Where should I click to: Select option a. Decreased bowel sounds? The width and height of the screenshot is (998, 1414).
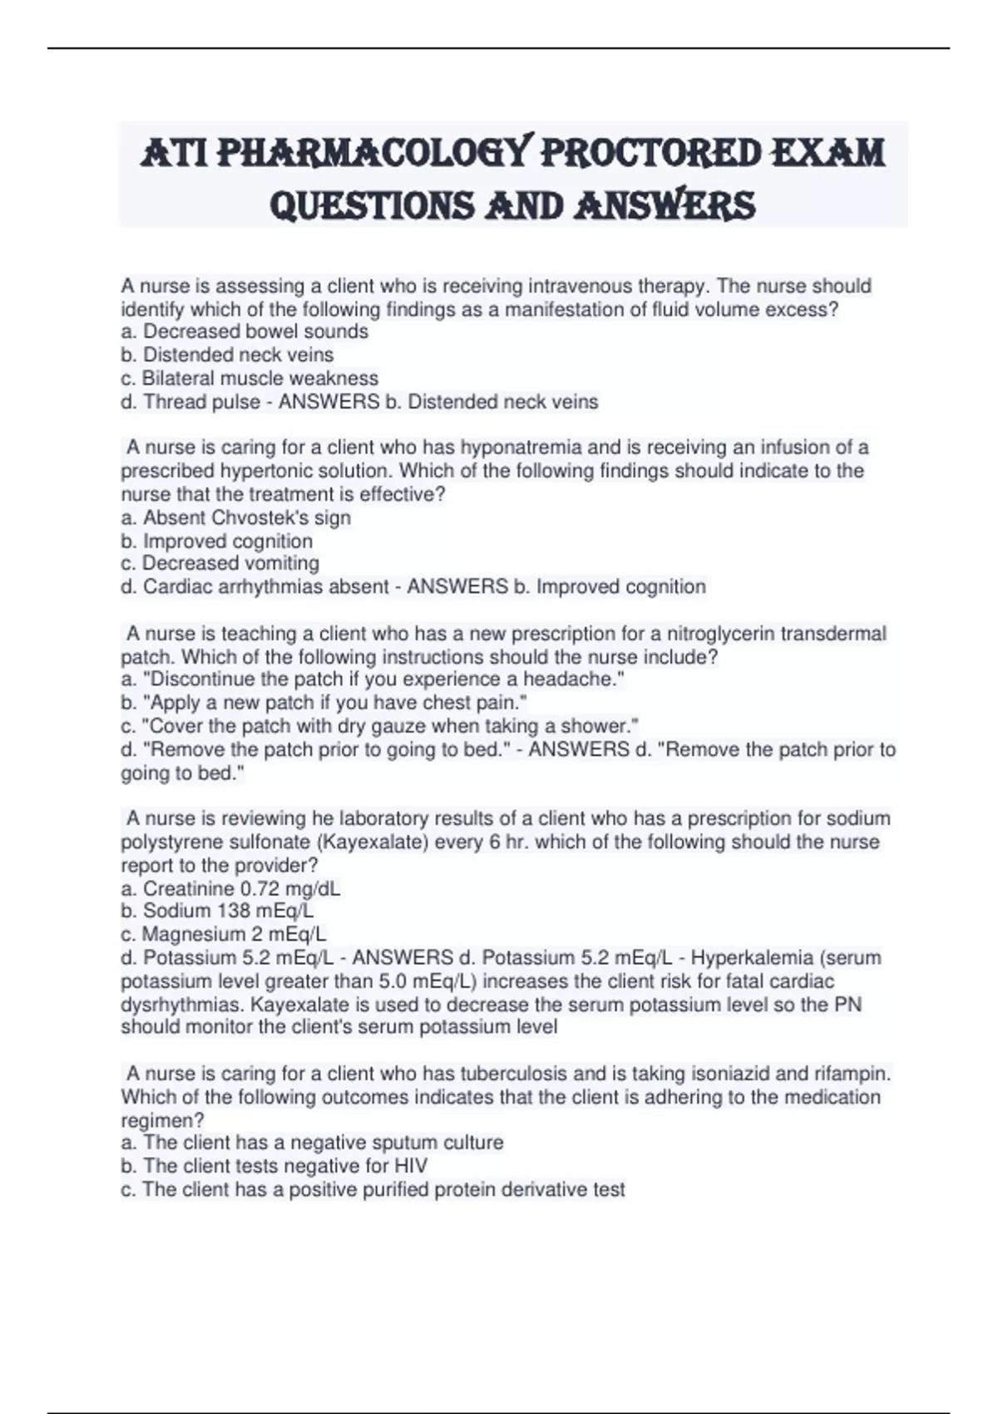[x=245, y=331]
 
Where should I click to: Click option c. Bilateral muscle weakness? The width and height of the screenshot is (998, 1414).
[x=249, y=378]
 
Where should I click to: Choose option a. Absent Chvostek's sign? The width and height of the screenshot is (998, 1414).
[x=236, y=517]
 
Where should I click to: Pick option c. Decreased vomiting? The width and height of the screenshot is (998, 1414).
[x=220, y=563]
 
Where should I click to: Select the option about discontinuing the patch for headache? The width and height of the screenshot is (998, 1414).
[x=373, y=679]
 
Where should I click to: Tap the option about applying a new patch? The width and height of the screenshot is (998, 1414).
[x=324, y=702]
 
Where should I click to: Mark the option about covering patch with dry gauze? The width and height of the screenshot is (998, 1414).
[x=380, y=725]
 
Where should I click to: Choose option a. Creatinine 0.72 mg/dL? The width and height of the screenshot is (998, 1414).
[x=230, y=888]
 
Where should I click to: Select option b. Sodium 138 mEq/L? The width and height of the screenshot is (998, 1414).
[x=217, y=911]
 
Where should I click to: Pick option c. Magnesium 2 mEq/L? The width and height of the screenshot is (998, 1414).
[x=224, y=934]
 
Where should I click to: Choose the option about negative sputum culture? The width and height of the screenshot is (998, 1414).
[x=312, y=1142]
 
